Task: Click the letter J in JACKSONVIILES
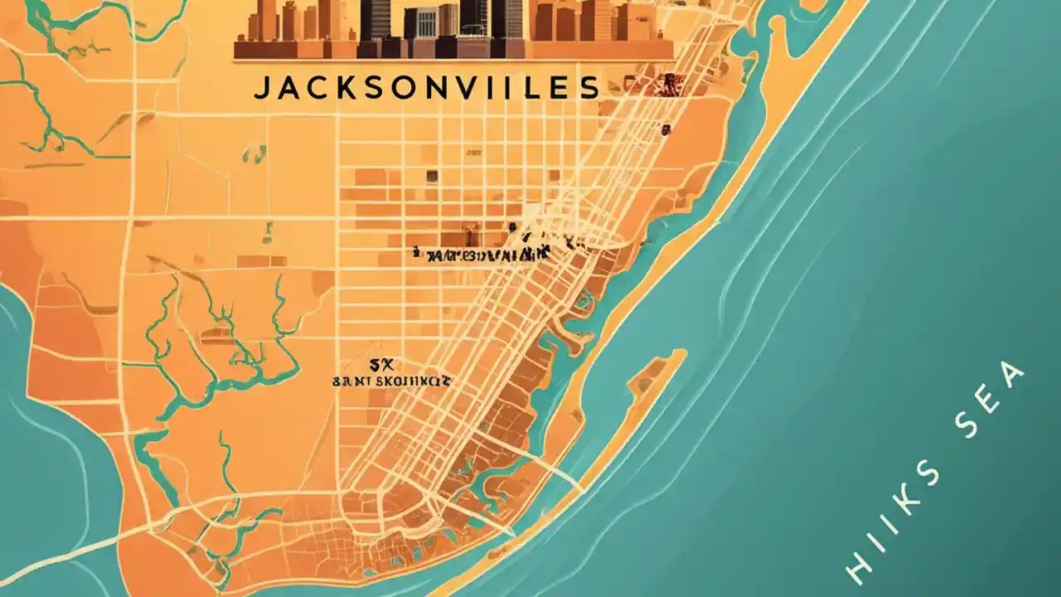point(260,89)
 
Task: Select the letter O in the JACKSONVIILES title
point(407,89)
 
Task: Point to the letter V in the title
point(471,89)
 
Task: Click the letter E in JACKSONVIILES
point(560,89)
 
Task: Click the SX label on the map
point(380,364)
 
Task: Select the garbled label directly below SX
point(391,382)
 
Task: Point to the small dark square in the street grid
point(431,175)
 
